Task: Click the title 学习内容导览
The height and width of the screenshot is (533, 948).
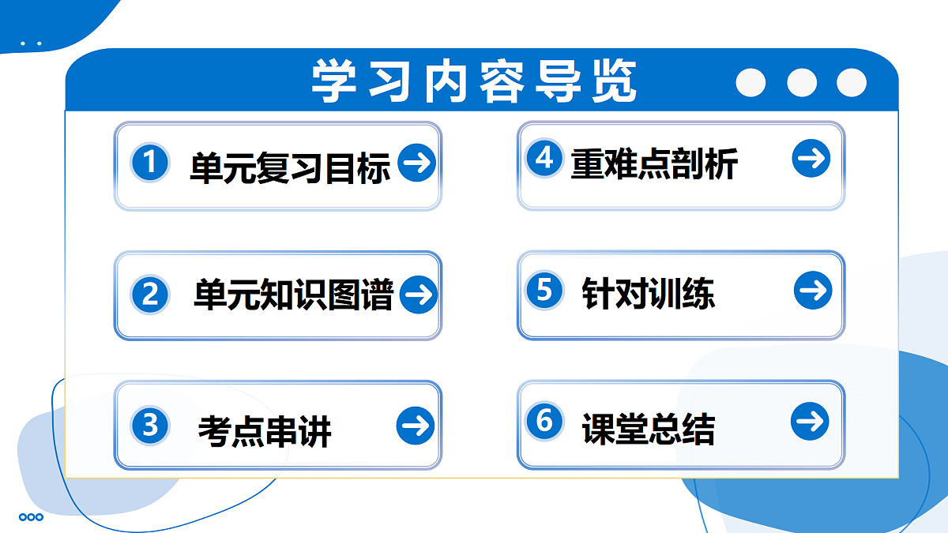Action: coord(474,81)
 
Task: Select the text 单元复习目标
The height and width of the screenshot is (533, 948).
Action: coord(290,167)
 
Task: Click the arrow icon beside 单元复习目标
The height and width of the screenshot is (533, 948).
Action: coord(417,163)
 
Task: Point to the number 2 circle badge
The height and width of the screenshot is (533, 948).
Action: coord(150,295)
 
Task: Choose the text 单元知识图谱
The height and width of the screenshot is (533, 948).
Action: coord(293,295)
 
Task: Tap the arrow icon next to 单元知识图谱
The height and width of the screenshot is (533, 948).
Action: coord(419,295)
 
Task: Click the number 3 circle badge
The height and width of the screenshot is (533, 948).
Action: coord(150,426)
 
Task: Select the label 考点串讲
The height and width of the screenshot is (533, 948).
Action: coord(265,431)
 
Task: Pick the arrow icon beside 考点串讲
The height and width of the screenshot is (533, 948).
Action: coord(416,426)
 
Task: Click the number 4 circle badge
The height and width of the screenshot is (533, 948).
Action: coord(544,158)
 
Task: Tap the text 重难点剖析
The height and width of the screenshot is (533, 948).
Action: coord(654,164)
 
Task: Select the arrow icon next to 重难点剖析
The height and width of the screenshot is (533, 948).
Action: coord(811,159)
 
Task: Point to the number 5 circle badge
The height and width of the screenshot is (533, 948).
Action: coord(544,289)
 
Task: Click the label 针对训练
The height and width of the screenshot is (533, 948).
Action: coord(648,295)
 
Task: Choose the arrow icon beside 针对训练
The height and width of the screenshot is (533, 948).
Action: coord(813,291)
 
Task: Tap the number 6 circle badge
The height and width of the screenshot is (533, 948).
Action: coord(544,420)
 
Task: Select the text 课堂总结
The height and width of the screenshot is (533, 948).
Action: coord(648,430)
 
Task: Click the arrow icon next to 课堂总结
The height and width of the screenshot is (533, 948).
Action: coord(810,421)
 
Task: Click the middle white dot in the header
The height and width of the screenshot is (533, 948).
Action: coord(802,82)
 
